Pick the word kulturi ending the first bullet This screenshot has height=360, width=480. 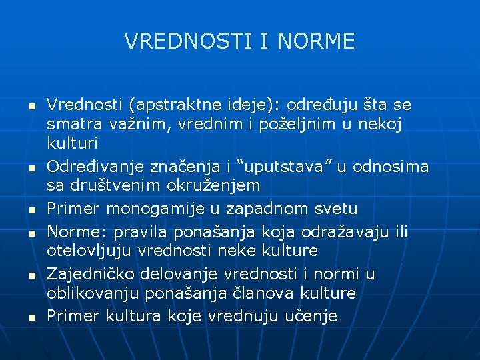[72, 143]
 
